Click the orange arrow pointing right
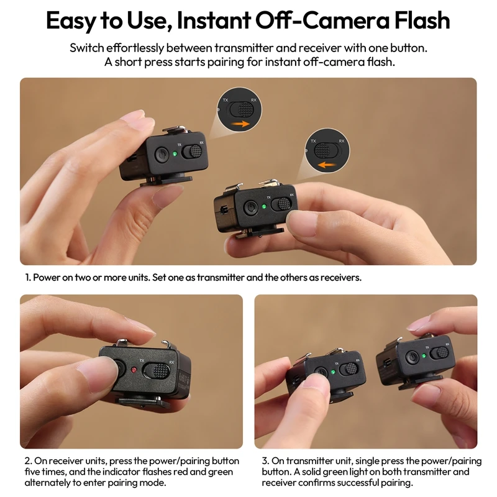[x=242, y=124]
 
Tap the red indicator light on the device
[x=134, y=370]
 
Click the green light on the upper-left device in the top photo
[x=176, y=153]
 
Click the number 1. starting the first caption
[x=29, y=277]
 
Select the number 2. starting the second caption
[x=29, y=461]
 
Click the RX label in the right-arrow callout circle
[x=253, y=100]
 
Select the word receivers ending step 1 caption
[x=340, y=277]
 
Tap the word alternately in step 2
[x=51, y=483]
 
